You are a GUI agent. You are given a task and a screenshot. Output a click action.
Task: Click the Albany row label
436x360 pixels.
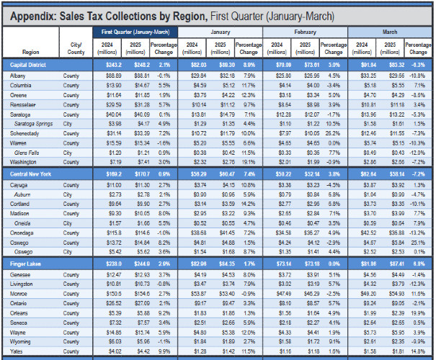19,75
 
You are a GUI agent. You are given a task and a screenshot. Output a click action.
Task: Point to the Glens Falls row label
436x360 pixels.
27,153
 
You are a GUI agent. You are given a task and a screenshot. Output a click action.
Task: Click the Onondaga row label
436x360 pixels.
24,233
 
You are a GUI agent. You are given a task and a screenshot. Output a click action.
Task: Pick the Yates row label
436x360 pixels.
17,351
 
